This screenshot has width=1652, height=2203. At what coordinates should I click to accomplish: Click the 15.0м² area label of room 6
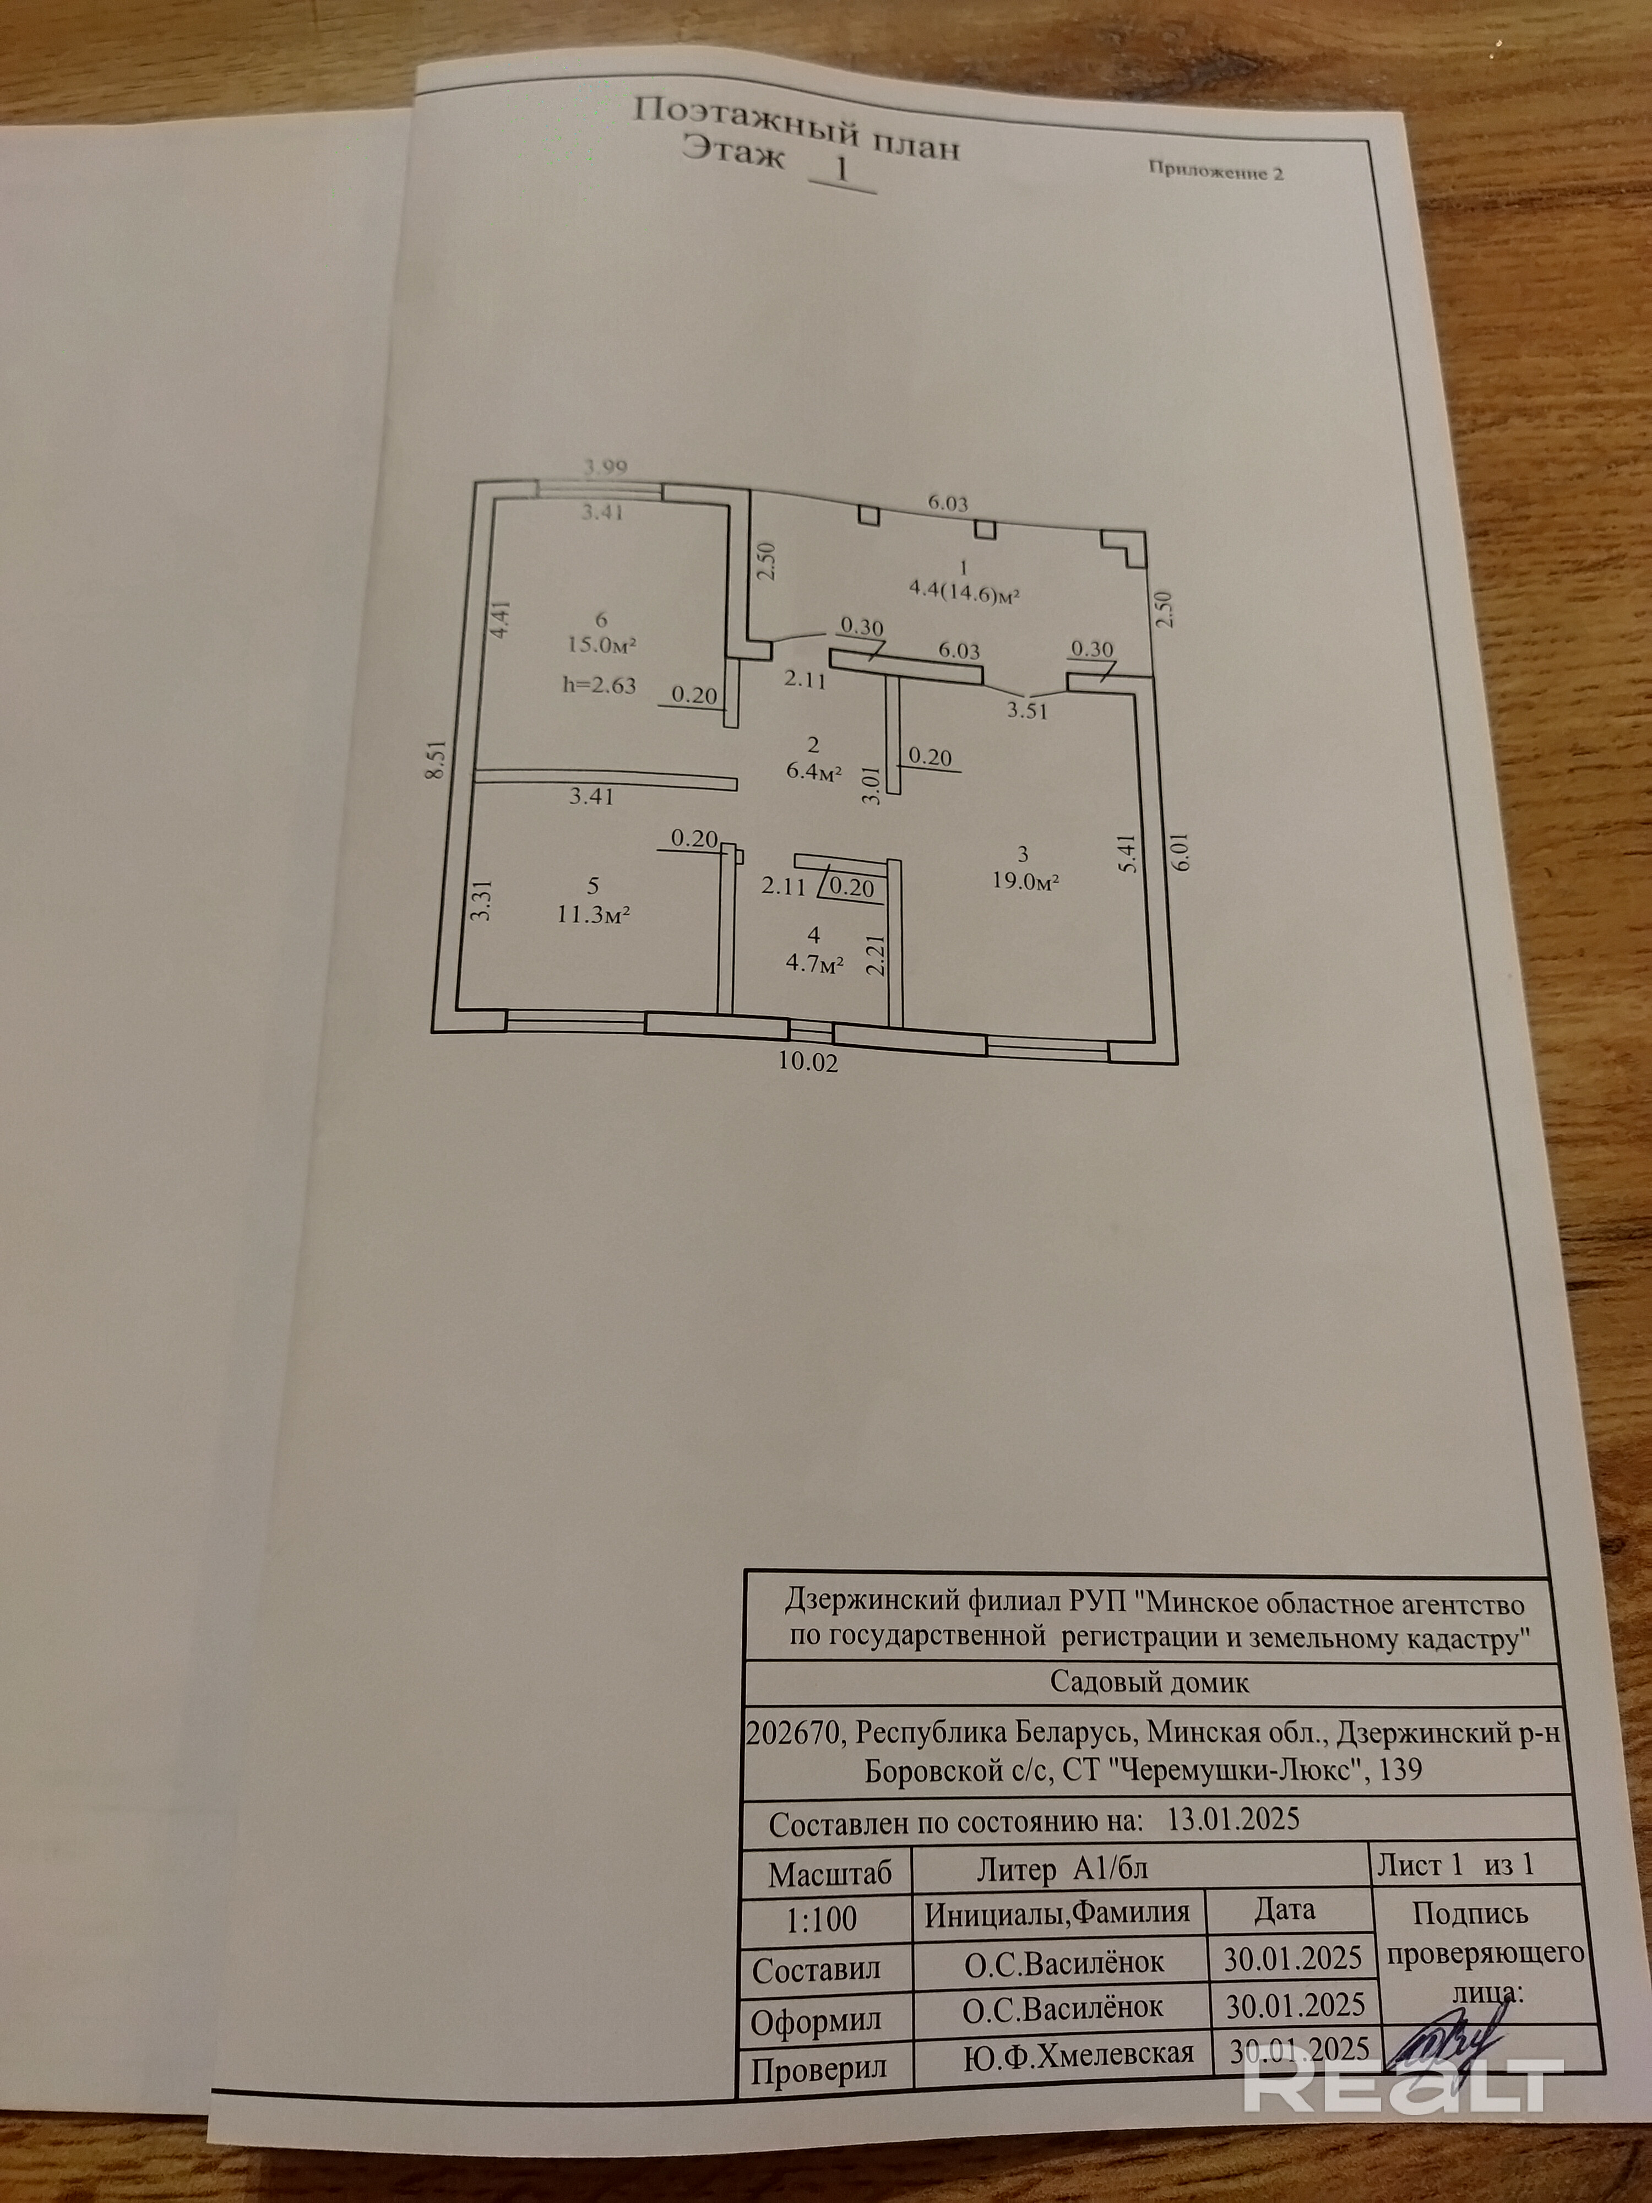click(601, 644)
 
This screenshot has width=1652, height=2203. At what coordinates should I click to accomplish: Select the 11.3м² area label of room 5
click(595, 914)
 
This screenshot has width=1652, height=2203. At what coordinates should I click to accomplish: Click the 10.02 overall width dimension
click(808, 1062)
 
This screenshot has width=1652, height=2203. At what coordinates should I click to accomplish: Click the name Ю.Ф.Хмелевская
click(1078, 2053)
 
